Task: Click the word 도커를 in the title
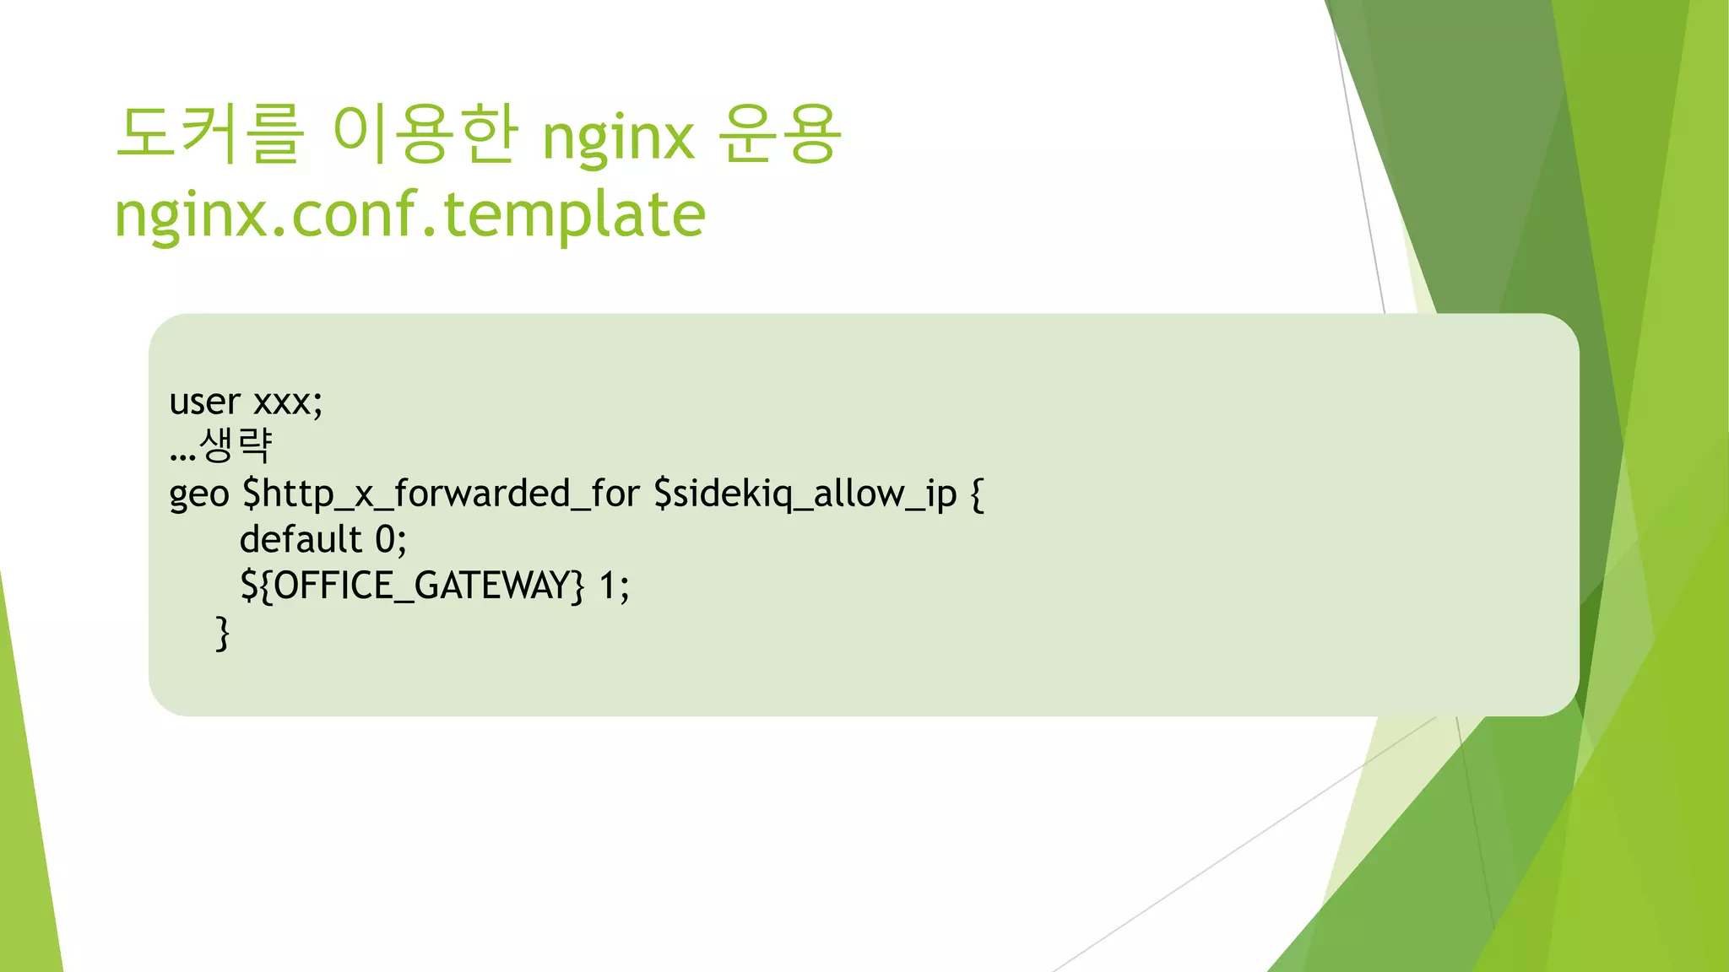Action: coord(209,134)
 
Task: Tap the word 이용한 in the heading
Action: coord(425,134)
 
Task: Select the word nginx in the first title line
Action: coord(618,138)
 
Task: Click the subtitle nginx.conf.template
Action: coord(409,214)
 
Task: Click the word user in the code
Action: coord(204,402)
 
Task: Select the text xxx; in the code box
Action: coord(288,402)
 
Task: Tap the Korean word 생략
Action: coord(236,445)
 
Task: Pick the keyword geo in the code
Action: coord(198,494)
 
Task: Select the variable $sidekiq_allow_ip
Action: coord(805,494)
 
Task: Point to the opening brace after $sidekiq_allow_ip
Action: coord(977,494)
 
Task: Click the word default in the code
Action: coord(301,539)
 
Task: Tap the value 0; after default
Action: coord(391,540)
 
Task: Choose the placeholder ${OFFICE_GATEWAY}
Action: coord(412,586)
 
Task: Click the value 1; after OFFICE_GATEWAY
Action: coord(614,586)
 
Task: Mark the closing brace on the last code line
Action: coord(223,632)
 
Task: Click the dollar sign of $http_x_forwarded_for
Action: coord(251,494)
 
